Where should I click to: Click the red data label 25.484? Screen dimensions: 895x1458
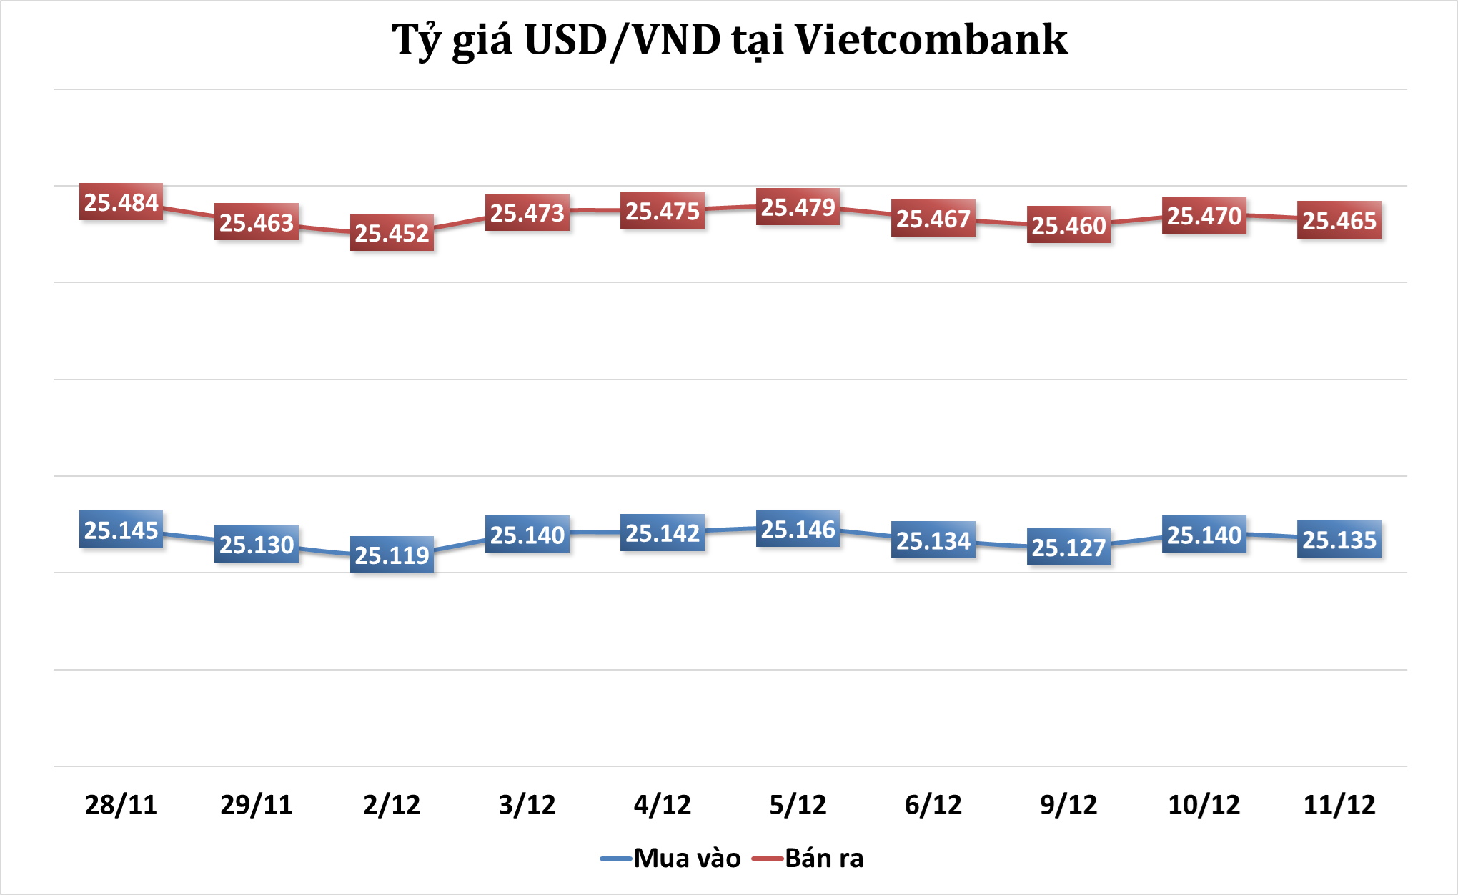(x=121, y=202)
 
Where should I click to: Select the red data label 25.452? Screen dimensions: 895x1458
(x=392, y=233)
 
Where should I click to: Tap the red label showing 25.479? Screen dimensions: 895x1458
(x=798, y=207)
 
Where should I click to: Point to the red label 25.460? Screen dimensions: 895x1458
(x=1068, y=225)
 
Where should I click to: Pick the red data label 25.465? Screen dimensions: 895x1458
(x=1339, y=221)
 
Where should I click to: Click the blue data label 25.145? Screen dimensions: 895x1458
(x=121, y=530)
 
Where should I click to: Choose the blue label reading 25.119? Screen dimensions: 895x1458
(x=392, y=555)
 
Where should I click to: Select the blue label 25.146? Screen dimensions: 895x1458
(x=798, y=529)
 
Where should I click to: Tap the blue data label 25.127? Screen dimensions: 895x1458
(x=1068, y=548)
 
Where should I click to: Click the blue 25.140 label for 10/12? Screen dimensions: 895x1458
(x=1204, y=535)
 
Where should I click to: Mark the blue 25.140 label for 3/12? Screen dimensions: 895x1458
(x=527, y=535)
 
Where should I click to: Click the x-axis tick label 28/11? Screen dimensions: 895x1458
(x=121, y=805)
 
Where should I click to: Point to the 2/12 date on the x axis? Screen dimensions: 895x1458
(x=392, y=805)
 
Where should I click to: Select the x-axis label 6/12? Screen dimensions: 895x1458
(x=933, y=805)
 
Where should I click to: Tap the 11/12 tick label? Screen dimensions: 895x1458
(x=1339, y=805)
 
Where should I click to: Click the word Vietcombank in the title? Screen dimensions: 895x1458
(x=931, y=40)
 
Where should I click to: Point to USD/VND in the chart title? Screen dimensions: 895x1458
(x=622, y=40)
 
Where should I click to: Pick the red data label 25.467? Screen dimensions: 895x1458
(x=933, y=219)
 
